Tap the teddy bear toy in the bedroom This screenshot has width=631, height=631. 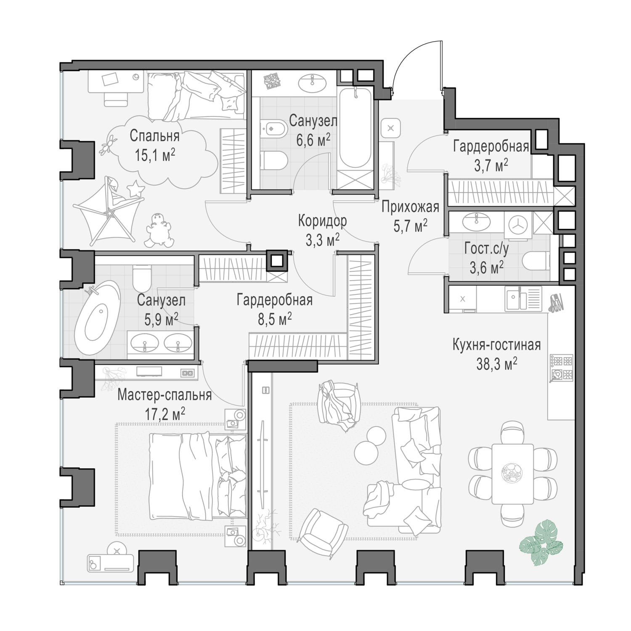159,231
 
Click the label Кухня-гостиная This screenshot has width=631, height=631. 496,345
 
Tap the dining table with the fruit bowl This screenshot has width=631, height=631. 512,473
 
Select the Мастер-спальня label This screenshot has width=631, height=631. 164,395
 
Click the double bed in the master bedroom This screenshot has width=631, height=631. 198,475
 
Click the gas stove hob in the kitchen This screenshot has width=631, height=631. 561,368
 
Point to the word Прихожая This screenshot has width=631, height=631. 410,207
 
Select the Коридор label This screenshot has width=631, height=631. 322,220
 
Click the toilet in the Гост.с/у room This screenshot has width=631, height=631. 536,261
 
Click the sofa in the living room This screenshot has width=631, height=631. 414,467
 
